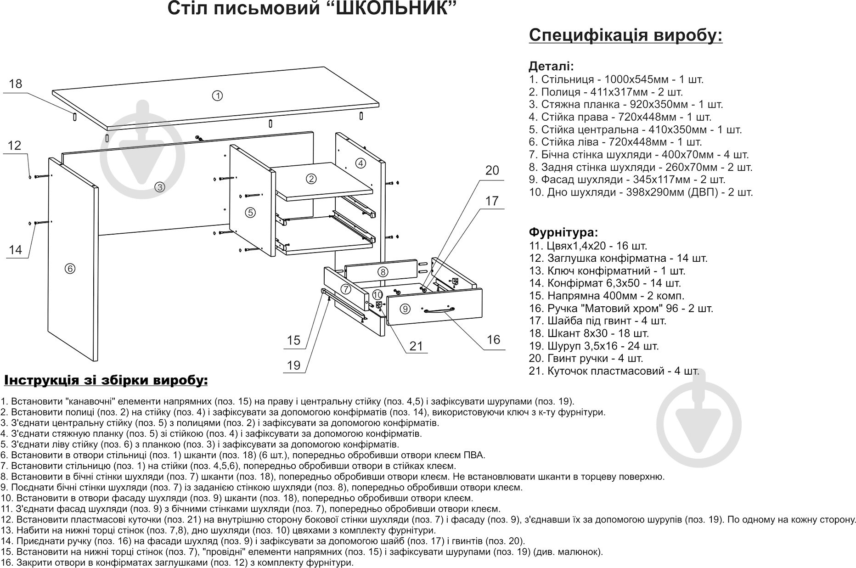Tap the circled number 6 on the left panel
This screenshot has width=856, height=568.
tap(70, 269)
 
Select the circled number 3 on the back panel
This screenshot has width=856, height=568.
tap(159, 187)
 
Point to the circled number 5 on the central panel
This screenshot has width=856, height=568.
tap(250, 212)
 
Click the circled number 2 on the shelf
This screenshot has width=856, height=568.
tap(311, 179)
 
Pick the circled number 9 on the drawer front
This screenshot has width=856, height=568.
tap(405, 309)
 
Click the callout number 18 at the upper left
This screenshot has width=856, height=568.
tap(16, 84)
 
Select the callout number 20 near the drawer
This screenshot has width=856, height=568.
tap(492, 170)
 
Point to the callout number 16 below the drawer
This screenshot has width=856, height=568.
tap(493, 340)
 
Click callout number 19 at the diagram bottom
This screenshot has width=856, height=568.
tap(293, 366)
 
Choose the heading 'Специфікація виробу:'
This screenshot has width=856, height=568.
tap(625, 35)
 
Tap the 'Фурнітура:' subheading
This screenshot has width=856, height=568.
tap(563, 232)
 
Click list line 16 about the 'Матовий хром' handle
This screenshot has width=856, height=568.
tap(621, 309)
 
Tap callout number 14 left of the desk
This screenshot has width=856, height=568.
tap(16, 250)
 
